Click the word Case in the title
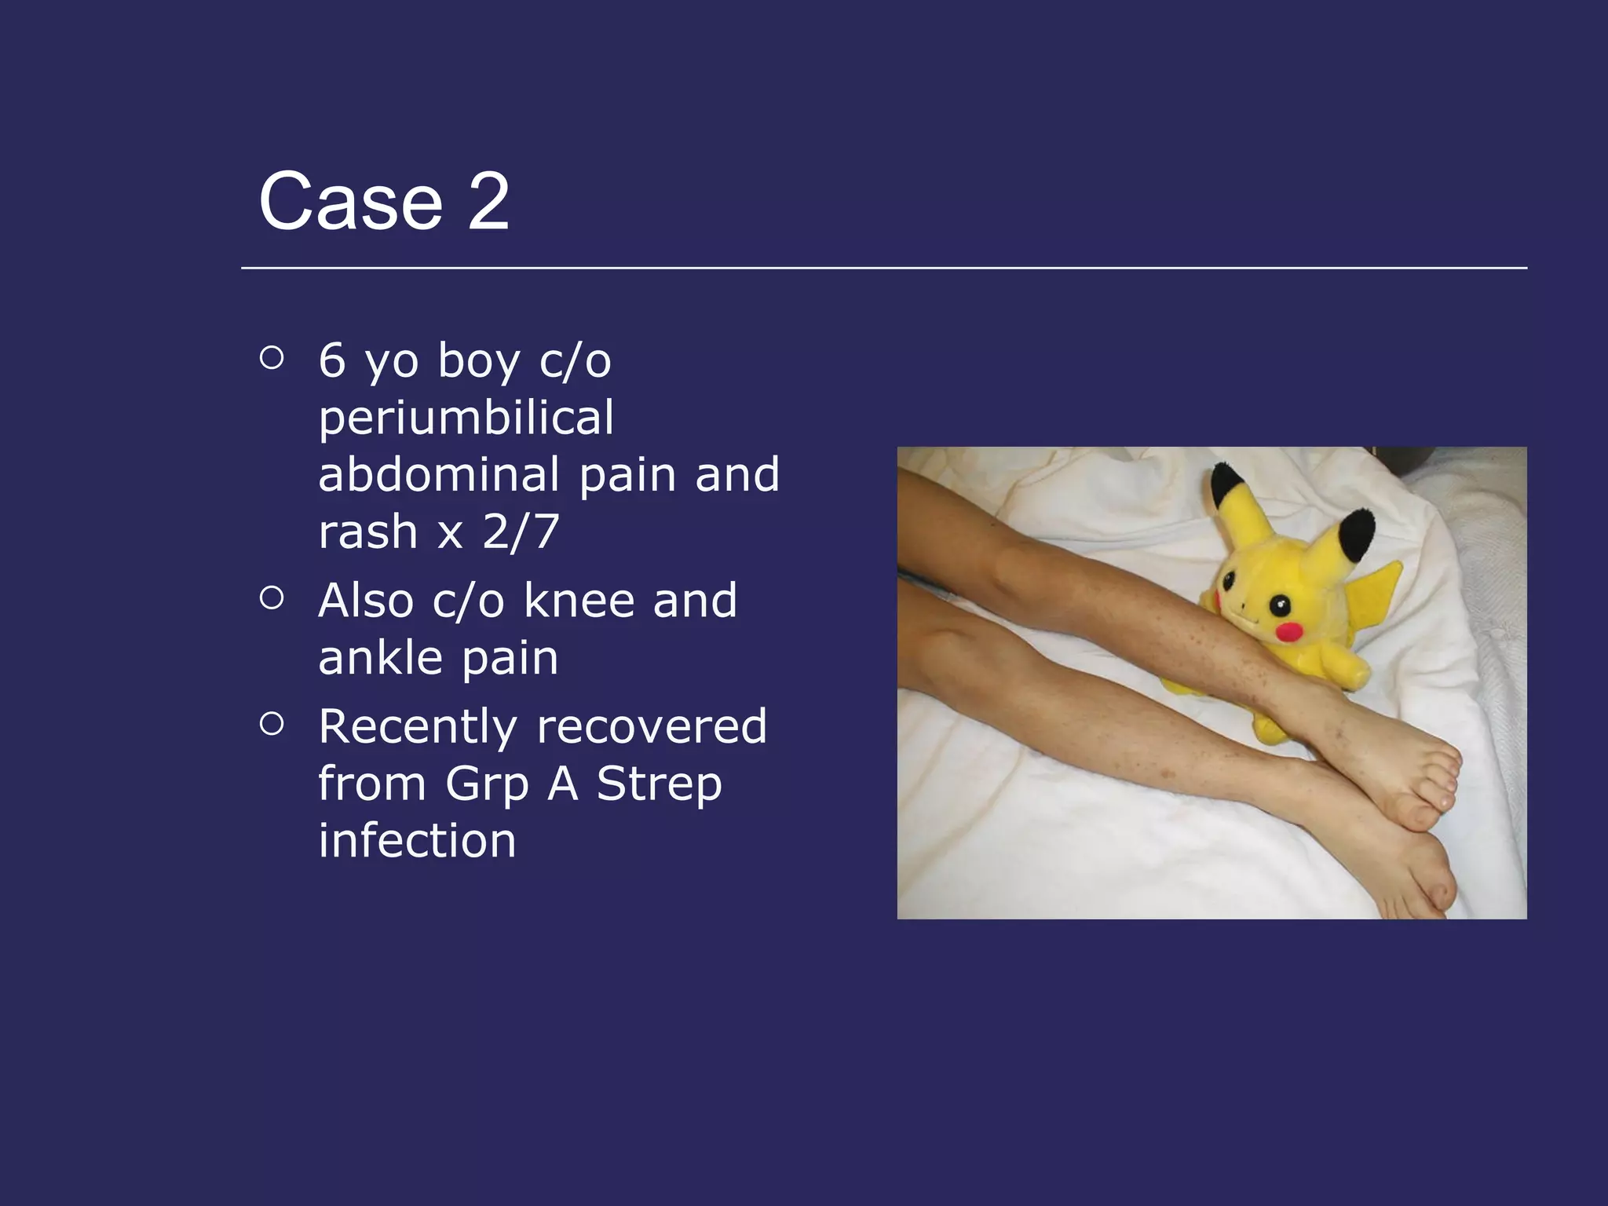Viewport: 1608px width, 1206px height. coord(350,202)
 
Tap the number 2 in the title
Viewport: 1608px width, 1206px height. coord(488,202)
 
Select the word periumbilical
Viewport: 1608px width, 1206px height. coord(466,418)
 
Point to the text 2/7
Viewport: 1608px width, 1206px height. coord(521,532)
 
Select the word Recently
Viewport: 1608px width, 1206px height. coord(417,726)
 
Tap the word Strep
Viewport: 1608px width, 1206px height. coord(659,784)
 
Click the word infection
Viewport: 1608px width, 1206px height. coord(417,840)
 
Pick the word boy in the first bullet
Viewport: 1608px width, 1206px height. coord(478,361)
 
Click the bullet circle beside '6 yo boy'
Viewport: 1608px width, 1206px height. coord(271,358)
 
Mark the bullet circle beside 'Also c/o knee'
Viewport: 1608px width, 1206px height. coord(271,598)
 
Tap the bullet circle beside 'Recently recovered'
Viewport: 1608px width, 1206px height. coord(271,724)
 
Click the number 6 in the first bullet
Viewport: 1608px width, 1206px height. coord(332,361)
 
